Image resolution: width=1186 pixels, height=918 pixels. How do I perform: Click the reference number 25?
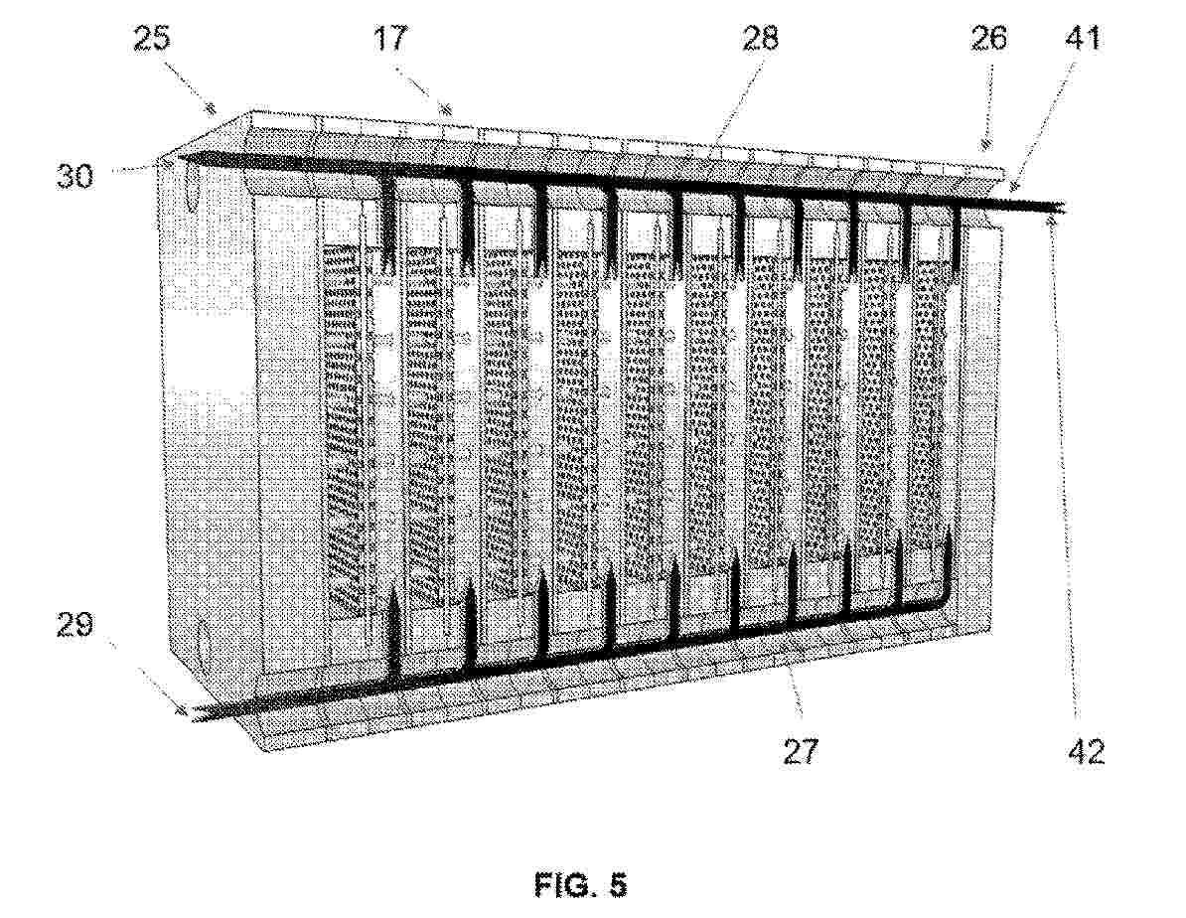click(152, 39)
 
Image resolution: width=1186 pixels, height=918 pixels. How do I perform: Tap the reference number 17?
click(391, 38)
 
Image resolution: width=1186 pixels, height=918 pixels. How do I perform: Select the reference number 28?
click(760, 38)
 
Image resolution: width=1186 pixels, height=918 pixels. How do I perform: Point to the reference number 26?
click(988, 38)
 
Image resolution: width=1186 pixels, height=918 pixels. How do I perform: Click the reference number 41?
click(1083, 38)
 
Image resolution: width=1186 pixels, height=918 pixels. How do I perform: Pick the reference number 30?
click(74, 176)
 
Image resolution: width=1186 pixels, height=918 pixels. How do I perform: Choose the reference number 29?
click(74, 626)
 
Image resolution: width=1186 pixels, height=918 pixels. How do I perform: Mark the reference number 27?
click(801, 751)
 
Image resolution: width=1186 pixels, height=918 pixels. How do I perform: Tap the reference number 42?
click(1086, 751)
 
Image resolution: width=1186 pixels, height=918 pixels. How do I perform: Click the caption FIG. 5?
click(581, 884)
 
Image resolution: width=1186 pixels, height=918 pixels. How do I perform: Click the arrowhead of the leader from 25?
click(213, 110)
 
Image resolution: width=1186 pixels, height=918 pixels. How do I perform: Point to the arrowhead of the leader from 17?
click(446, 109)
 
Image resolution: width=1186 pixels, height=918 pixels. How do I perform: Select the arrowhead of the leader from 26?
click(985, 144)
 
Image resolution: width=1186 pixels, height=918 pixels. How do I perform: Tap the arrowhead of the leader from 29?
click(182, 709)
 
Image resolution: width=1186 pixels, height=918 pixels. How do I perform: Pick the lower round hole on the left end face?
click(201, 637)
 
